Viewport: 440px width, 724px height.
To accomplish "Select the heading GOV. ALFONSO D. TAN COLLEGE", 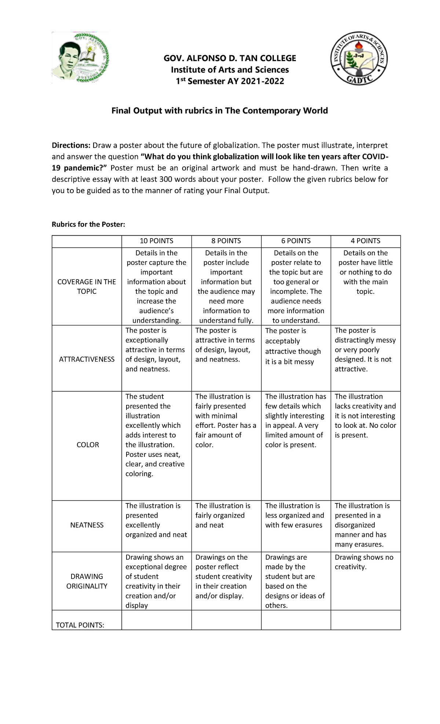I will pos(230,58).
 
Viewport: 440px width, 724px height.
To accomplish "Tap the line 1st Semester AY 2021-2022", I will pos(230,81).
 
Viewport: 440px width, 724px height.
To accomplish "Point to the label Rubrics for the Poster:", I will pos(88,224).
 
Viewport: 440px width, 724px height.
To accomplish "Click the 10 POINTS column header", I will pos(157,241).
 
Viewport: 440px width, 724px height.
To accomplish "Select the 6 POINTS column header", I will pos(296,241).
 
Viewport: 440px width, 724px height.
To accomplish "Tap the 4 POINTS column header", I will pos(366,241).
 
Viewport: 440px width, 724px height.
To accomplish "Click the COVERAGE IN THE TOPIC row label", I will pos(87,287).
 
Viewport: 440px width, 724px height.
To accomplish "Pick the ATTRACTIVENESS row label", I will pos(87,359).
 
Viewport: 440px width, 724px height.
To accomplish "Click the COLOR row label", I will pos(88,445).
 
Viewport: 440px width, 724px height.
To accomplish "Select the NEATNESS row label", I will pos(87,525).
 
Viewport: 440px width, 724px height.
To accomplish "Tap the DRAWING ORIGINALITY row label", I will pos(87,581).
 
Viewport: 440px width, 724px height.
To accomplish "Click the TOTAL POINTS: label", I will pos(80,625).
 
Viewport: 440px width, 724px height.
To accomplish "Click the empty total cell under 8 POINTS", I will pos(226,620).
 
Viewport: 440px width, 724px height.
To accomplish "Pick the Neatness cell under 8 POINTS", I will pos(223,516).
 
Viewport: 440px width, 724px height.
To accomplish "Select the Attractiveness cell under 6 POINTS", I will pos(293,346).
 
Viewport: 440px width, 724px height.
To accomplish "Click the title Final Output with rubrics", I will pos(220,111).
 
